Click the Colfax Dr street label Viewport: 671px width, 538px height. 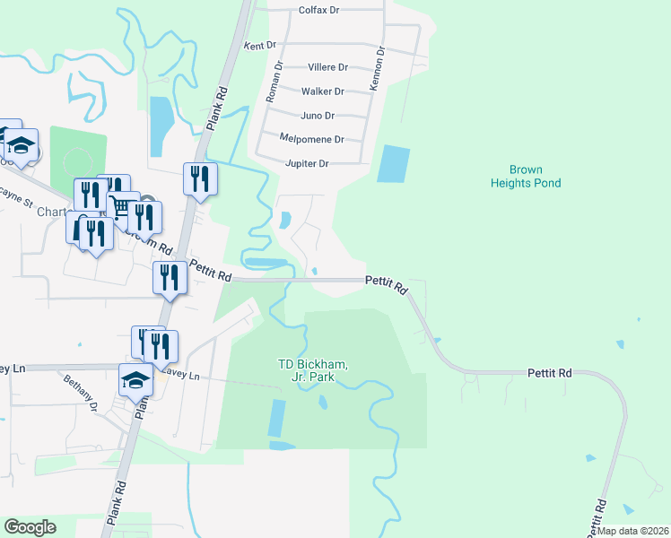click(x=318, y=12)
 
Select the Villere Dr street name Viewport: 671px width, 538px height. click(x=327, y=67)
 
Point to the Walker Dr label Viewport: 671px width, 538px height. click(x=323, y=91)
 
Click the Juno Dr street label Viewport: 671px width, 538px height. click(x=318, y=116)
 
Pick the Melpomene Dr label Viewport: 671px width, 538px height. click(x=312, y=140)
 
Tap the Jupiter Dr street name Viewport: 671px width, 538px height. click(x=307, y=164)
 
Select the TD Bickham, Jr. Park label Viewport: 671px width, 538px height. click(x=312, y=370)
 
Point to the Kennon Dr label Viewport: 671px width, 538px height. click(x=379, y=70)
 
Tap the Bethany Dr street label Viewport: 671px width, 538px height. click(x=80, y=392)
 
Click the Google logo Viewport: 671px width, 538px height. click(x=30, y=527)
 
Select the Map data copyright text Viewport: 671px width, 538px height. click(x=632, y=531)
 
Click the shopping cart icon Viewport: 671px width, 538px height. click(x=120, y=207)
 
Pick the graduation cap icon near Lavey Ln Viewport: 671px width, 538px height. click(x=136, y=380)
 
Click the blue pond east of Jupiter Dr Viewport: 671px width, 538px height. click(x=393, y=164)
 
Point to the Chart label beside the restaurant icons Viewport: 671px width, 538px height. click(x=52, y=213)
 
